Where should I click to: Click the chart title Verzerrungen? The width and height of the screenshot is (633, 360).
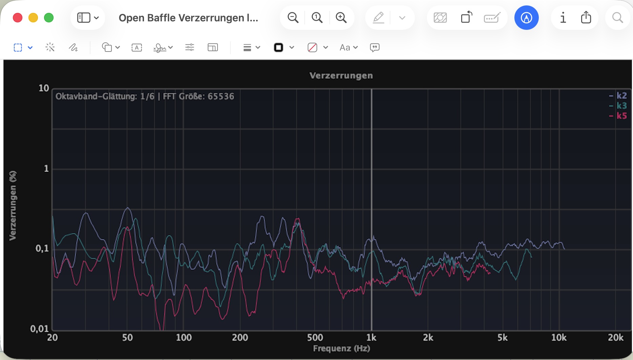click(x=341, y=76)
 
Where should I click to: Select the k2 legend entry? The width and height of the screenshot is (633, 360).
click(x=621, y=96)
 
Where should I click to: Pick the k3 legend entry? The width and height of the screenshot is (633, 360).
click(x=621, y=106)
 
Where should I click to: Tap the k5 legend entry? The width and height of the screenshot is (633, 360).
click(x=621, y=116)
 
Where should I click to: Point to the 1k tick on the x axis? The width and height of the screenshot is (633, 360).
click(x=371, y=338)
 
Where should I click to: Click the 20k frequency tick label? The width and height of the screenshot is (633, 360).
click(x=615, y=338)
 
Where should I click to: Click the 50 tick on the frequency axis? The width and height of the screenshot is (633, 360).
click(x=127, y=338)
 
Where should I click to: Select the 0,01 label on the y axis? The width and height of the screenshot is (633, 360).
click(x=39, y=329)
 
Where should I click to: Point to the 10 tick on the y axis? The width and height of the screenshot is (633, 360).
click(x=44, y=88)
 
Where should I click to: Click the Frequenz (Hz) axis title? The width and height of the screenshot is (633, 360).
click(x=341, y=348)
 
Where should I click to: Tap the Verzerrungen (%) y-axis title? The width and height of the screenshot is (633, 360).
click(x=13, y=206)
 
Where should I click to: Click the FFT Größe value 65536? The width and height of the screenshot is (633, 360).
click(x=221, y=97)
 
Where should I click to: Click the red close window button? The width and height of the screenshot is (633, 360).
click(x=18, y=18)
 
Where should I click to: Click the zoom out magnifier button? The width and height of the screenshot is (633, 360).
click(x=293, y=18)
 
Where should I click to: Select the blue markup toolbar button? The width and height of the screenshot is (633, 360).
click(x=526, y=18)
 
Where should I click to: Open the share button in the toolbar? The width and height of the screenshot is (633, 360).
click(x=586, y=18)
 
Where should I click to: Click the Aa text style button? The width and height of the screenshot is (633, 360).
click(x=348, y=47)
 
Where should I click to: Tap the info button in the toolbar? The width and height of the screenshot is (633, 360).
click(x=563, y=18)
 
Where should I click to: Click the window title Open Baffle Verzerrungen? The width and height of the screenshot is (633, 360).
click(x=188, y=18)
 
